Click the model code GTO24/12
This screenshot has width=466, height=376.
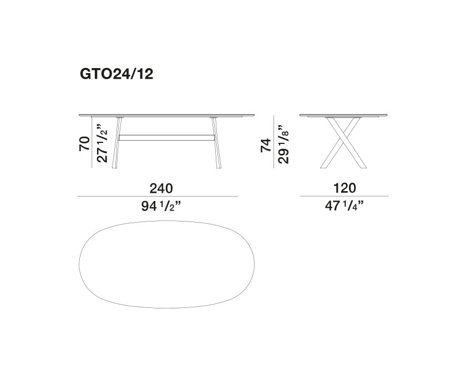116,74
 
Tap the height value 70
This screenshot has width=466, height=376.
84,144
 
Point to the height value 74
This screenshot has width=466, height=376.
266,146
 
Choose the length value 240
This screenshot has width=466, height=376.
161,188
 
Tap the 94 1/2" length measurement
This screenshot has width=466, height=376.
161,206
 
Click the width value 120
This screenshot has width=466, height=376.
344,188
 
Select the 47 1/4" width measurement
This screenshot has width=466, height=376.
344,205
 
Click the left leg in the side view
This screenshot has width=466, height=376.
117,143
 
